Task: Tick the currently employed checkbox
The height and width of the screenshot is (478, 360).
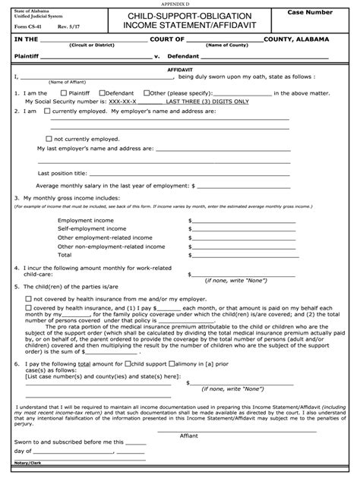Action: (49, 110)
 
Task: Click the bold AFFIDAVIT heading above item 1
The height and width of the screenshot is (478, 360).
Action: (180, 68)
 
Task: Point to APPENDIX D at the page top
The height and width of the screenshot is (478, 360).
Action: (180, 4)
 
